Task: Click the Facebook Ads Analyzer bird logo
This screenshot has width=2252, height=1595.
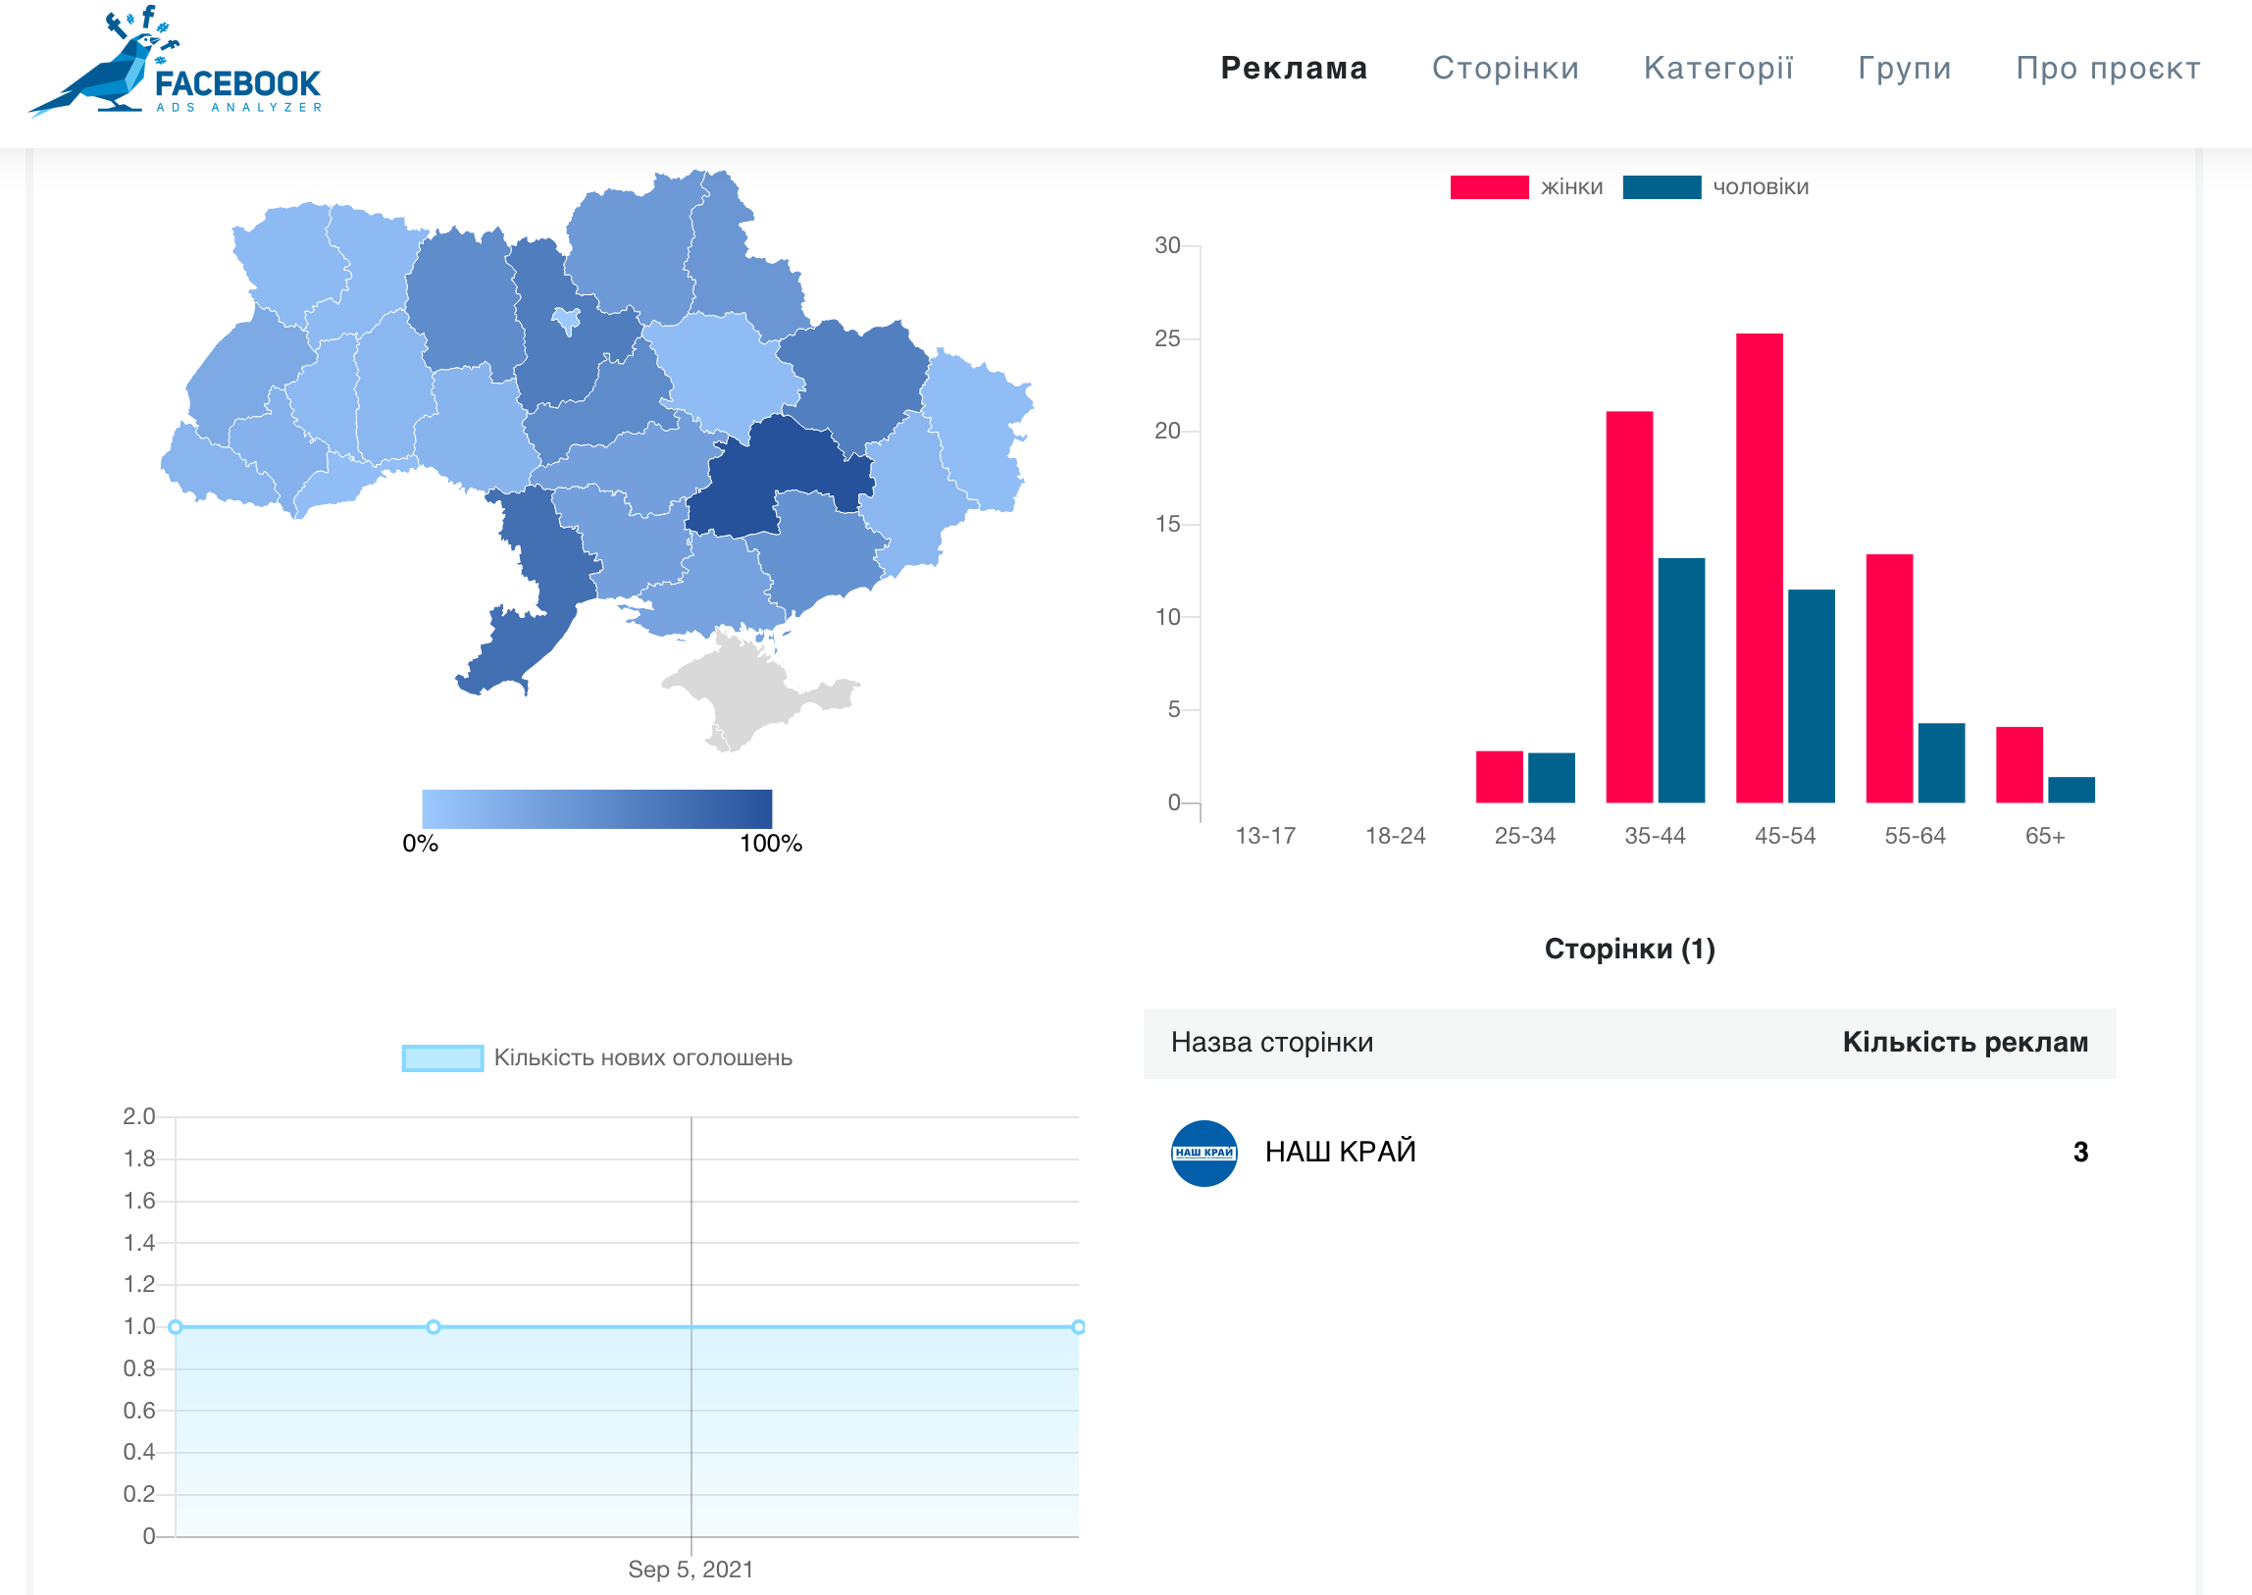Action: [x=175, y=62]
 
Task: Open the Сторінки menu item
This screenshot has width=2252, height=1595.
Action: [x=1506, y=68]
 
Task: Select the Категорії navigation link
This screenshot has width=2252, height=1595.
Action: [x=1718, y=68]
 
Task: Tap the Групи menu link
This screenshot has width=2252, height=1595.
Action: [x=1905, y=68]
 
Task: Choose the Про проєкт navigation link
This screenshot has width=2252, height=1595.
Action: [x=2109, y=68]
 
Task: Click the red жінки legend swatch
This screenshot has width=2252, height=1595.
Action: [x=1489, y=187]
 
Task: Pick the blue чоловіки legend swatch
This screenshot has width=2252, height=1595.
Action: [x=1662, y=187]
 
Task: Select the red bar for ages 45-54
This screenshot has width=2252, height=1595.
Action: [x=1759, y=568]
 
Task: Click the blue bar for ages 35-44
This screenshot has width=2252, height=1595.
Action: [x=1681, y=681]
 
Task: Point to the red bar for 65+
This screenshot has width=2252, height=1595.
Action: [x=2020, y=764]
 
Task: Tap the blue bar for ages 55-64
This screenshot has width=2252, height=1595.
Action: [x=1942, y=763]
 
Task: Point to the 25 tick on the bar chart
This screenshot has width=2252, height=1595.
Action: [x=1167, y=338]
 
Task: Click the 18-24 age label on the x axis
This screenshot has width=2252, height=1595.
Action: [x=1396, y=836]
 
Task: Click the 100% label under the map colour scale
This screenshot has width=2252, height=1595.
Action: [x=771, y=844]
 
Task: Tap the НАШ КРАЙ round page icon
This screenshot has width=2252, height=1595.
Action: [x=1204, y=1153]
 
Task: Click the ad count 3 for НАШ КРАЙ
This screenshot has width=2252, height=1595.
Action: [x=2080, y=1152]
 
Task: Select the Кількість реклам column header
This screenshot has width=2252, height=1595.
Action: [x=1966, y=1042]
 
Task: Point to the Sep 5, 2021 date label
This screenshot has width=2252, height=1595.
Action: [x=691, y=1569]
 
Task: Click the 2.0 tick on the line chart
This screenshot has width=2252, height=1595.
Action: [x=139, y=1116]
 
